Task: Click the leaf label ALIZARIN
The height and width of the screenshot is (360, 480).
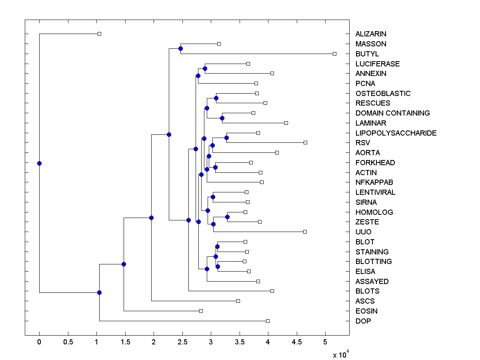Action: coord(371,34)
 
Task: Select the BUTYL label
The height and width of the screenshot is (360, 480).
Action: coord(367,54)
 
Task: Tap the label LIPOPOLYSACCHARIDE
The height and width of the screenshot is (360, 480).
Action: coord(396,133)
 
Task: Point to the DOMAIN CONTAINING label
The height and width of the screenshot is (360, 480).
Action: coord(392,113)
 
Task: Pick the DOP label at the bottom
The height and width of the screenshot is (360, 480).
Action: coord(363,321)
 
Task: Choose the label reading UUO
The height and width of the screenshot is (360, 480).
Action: coord(363,232)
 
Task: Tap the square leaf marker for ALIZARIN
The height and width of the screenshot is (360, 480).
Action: coord(100,34)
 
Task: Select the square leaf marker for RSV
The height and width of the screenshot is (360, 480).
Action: coord(305,142)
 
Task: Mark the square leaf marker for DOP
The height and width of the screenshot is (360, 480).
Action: coord(268,321)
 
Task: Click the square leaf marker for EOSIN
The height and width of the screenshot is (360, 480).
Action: coord(201,311)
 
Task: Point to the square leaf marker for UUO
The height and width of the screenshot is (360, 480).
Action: coord(305,232)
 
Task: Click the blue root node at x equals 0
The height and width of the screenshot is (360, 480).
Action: coord(39,163)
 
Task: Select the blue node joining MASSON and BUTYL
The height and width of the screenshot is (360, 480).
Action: coord(180,48)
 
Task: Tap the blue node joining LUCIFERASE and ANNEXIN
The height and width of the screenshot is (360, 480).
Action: coord(205,68)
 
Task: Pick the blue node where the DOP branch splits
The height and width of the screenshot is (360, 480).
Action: coord(99,292)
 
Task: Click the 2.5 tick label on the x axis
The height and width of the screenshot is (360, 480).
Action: coord(182,342)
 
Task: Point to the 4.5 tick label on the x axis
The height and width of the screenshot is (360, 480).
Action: coord(296,342)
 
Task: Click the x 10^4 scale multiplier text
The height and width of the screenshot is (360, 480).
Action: coord(341,354)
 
